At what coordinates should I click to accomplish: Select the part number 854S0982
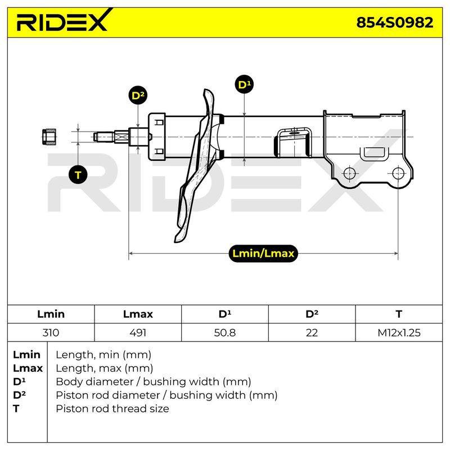point(394,22)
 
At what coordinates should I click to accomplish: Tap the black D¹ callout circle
point(244,85)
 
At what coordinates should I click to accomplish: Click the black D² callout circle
point(138,95)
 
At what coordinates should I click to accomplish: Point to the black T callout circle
point(78,175)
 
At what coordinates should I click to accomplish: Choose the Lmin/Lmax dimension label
point(263,254)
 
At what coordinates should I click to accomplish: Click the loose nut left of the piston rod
point(49,137)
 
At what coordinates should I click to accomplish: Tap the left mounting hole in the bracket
point(349,173)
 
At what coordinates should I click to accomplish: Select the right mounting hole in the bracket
point(398,173)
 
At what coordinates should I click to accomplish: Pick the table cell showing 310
point(51,332)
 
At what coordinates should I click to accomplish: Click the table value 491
point(138,332)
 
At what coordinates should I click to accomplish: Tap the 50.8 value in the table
point(224,332)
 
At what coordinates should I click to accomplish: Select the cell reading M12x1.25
point(399,332)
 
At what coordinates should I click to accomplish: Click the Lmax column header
point(138,314)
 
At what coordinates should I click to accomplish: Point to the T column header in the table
point(399,314)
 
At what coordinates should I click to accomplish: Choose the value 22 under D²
point(312,332)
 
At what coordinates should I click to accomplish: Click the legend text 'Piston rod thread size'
point(112,408)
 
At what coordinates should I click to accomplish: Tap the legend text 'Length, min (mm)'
point(103,355)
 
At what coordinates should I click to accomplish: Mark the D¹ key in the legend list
point(19,381)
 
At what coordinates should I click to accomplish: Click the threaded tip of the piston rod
point(103,137)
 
